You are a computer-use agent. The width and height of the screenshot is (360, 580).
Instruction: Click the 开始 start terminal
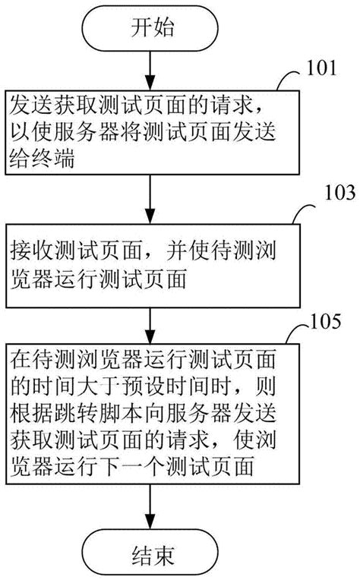click(x=152, y=30)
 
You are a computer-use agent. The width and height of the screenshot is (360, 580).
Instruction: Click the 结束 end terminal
click(x=152, y=552)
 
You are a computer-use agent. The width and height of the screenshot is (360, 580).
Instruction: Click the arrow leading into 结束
click(x=152, y=505)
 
